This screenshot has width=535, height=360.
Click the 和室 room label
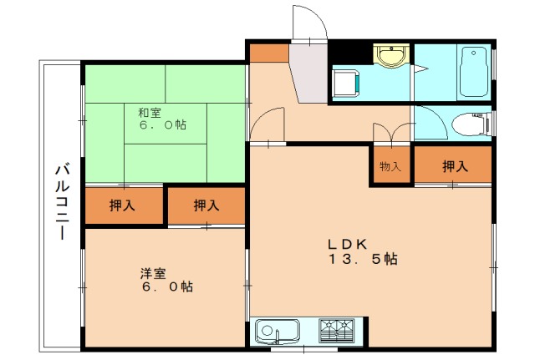[150, 113]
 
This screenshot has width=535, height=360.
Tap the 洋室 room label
[153, 273]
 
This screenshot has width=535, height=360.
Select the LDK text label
[348, 244]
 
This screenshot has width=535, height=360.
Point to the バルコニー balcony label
[63, 201]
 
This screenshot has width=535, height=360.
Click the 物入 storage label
[390, 167]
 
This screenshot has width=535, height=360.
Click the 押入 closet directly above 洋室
[206, 205]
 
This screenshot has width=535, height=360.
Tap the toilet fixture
[471, 124]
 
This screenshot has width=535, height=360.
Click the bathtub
[473, 72]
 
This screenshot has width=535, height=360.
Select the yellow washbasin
[391, 56]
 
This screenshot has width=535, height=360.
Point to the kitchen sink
[278, 332]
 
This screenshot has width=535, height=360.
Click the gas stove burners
[336, 330]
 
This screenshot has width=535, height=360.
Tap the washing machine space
[346, 84]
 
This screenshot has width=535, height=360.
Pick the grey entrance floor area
[309, 73]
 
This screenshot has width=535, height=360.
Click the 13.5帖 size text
[363, 259]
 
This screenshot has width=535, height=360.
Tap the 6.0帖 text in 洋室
[167, 286]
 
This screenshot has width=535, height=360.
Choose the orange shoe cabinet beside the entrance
[269, 53]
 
